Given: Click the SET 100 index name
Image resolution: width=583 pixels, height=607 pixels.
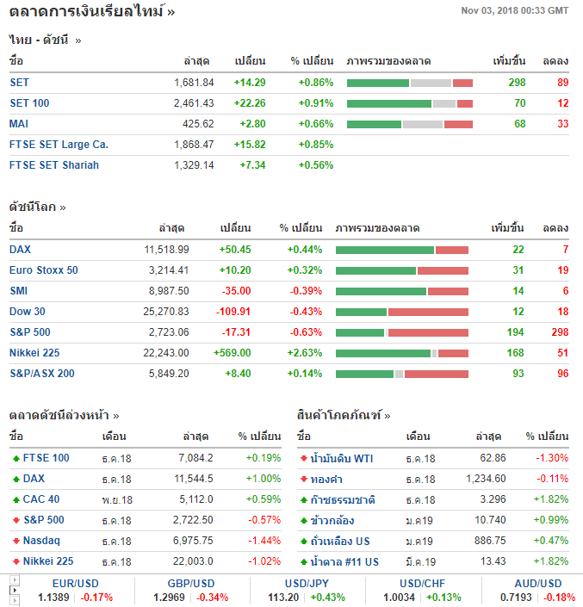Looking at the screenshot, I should [x=29, y=103].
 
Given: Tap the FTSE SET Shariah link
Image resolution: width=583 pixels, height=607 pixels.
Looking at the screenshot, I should [x=54, y=165].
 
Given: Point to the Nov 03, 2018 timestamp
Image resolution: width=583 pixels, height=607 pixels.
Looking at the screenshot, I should [x=515, y=10].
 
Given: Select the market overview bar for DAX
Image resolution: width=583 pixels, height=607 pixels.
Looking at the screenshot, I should [x=401, y=250].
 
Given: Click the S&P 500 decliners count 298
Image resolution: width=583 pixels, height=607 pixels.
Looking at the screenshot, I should [x=559, y=332].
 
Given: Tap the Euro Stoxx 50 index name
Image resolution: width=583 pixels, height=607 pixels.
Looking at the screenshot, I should [x=43, y=270].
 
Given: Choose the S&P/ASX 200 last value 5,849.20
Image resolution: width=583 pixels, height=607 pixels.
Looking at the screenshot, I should [x=167, y=374].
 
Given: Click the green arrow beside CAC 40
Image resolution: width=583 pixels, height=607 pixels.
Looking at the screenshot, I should [x=16, y=499].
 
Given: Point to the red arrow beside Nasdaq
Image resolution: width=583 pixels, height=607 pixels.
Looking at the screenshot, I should [x=16, y=541].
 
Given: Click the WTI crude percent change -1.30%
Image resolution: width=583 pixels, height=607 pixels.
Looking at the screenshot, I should [x=552, y=458].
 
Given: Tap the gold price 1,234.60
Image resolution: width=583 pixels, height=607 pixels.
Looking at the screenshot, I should [x=486, y=479].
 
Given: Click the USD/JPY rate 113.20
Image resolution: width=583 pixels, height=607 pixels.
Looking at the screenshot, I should [x=282, y=597].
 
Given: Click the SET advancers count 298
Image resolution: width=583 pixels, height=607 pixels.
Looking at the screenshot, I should [x=517, y=83].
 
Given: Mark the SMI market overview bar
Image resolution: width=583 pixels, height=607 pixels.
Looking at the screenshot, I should [x=401, y=291].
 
